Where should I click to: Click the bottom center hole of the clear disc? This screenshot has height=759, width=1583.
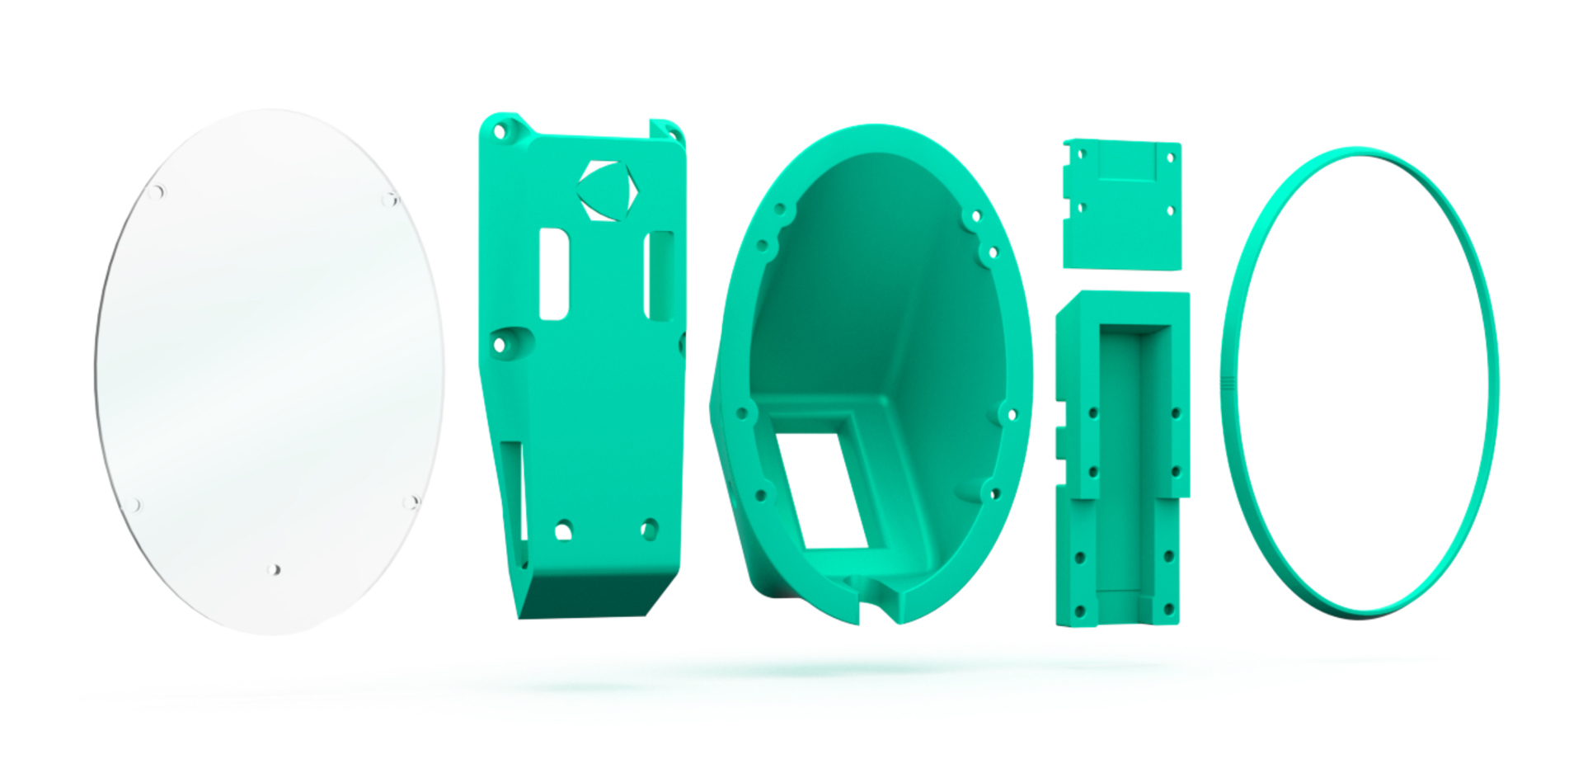point(275,569)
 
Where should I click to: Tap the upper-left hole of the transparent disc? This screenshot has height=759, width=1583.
point(156,192)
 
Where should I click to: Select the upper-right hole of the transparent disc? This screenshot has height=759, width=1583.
point(390,199)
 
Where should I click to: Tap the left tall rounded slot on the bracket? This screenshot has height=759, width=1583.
point(554,275)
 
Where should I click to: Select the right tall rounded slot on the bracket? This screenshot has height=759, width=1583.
point(659,276)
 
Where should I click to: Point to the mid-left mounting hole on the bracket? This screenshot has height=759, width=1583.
point(500,345)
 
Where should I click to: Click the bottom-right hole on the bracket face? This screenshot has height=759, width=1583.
point(649,528)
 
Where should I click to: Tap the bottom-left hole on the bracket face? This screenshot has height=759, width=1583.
point(563,530)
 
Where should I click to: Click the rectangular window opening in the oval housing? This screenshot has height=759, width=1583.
point(821,491)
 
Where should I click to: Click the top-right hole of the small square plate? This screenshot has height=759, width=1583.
point(1169,157)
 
